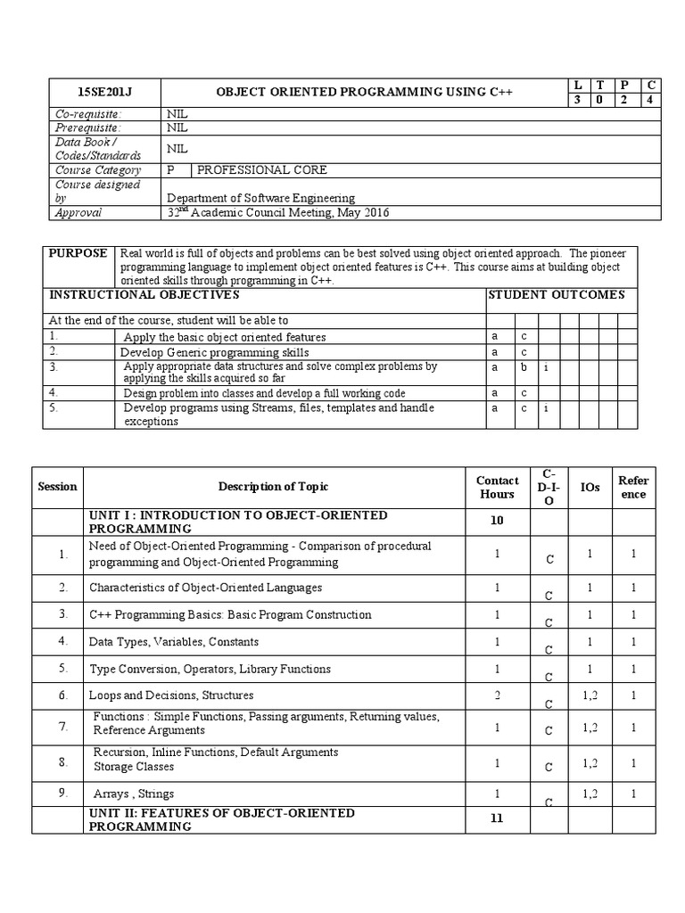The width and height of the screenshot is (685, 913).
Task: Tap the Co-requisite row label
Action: [88, 114]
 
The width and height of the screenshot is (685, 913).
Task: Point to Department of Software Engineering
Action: [260, 198]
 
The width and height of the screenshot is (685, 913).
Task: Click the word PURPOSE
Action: [78, 254]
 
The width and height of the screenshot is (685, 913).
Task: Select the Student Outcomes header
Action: [557, 295]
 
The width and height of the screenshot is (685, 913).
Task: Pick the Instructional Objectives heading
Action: [144, 295]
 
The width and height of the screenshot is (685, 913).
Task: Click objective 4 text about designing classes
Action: [264, 393]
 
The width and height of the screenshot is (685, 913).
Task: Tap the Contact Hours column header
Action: [497, 487]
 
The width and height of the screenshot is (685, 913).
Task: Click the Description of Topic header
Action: [273, 487]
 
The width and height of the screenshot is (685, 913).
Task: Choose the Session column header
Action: [57, 487]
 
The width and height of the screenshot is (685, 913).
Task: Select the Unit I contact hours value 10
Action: [497, 521]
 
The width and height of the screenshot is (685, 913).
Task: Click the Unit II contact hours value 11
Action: [497, 818]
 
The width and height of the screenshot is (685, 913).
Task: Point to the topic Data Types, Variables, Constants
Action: [174, 641]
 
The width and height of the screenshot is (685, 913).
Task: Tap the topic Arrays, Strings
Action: [134, 794]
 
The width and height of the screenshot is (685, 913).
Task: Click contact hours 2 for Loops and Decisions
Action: [497, 695]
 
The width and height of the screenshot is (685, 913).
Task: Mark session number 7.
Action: [63, 727]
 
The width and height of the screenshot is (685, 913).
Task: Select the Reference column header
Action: [633, 487]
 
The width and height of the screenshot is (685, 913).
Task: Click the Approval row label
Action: [78, 213]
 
